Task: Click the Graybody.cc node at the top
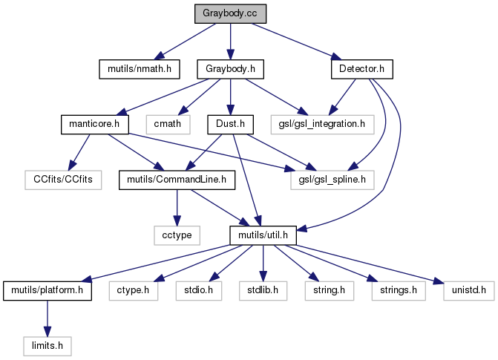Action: tap(229, 13)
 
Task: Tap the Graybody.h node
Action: tap(230, 69)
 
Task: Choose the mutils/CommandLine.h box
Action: tap(177, 179)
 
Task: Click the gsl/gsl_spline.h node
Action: tap(332, 179)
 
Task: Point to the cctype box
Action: tap(177, 235)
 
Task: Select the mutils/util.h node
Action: tap(263, 235)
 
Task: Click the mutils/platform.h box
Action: tap(47, 289)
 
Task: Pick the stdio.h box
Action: tap(198, 289)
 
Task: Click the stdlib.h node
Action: tap(262, 289)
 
